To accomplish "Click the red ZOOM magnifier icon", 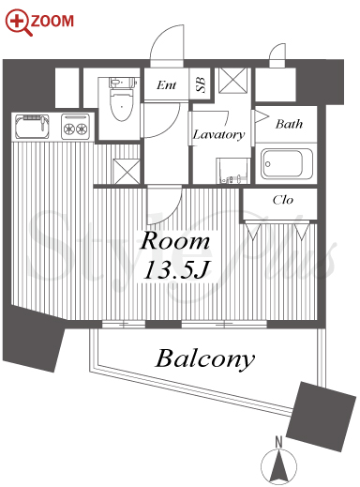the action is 18,22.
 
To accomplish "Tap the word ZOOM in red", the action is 52,21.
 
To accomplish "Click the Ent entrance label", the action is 166,84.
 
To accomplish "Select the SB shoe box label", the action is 201,84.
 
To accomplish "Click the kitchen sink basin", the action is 32,127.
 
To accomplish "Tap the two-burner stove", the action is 75,127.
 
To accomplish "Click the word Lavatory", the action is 218,134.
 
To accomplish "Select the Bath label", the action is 289,124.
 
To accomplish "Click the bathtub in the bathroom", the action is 287,164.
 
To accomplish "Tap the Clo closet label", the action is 283,200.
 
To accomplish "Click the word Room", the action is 174,241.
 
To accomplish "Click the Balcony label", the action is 205,358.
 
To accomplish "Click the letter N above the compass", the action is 278,442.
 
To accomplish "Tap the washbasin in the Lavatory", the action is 233,171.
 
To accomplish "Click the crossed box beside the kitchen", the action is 127,171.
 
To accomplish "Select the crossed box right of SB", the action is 233,81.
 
